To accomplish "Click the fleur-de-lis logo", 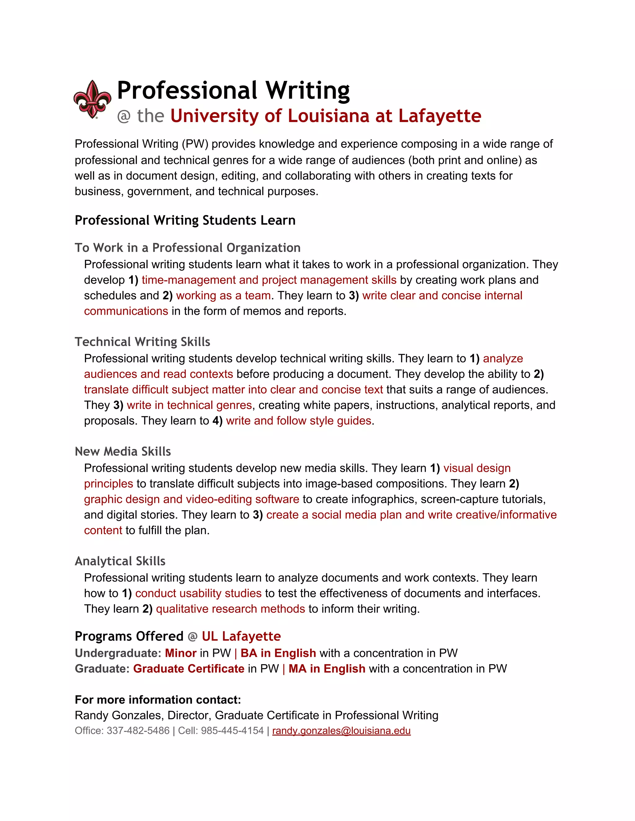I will click(x=92, y=99).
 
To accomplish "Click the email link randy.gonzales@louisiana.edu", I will click(x=341, y=731).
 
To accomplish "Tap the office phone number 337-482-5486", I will click(x=138, y=731).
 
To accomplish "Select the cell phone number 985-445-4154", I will click(x=232, y=731).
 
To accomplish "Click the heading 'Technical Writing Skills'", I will click(x=142, y=342).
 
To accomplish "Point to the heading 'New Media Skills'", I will click(x=123, y=451).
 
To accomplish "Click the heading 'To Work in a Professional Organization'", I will click(x=187, y=248).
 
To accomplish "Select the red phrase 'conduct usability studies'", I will click(x=198, y=593).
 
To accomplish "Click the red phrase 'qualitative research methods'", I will click(x=230, y=608).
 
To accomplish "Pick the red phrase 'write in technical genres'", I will click(x=189, y=405).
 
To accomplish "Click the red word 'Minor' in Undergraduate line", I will click(x=180, y=653).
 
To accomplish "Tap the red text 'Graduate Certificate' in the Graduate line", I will click(x=189, y=668).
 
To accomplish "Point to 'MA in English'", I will click(x=327, y=668).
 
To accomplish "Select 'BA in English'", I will click(x=278, y=653).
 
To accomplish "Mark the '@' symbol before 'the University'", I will click(x=124, y=116).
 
